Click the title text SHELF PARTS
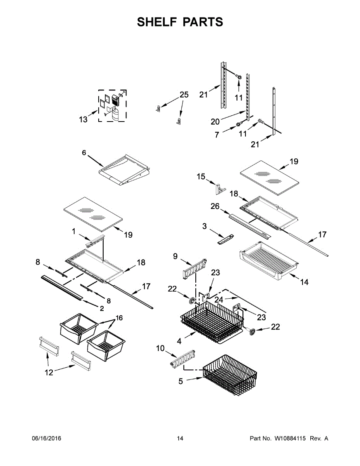point(180,22)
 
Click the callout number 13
point(83,119)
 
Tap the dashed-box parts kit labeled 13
point(112,106)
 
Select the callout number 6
point(84,153)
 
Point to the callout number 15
point(201,177)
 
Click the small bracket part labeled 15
point(220,189)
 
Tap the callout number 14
point(304,282)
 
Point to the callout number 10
point(160,348)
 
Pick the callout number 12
point(49,372)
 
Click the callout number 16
point(118,318)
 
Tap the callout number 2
point(102,309)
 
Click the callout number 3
point(205,226)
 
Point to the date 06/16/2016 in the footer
point(46,438)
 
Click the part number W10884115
point(290,438)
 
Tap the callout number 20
point(215,122)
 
